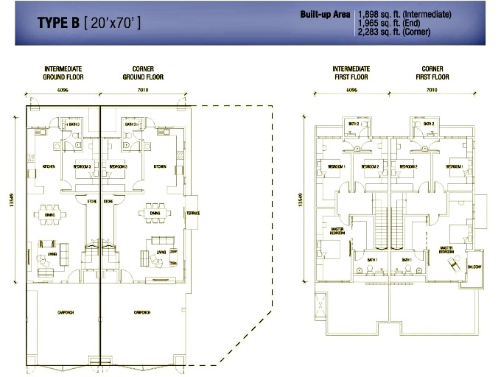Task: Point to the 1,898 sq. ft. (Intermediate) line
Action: pos(404,15)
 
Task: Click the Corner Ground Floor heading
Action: pos(143,73)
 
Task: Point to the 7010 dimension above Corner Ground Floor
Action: pos(143,92)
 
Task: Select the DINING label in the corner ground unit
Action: pos(155,213)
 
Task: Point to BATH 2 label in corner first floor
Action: pos(428,124)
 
